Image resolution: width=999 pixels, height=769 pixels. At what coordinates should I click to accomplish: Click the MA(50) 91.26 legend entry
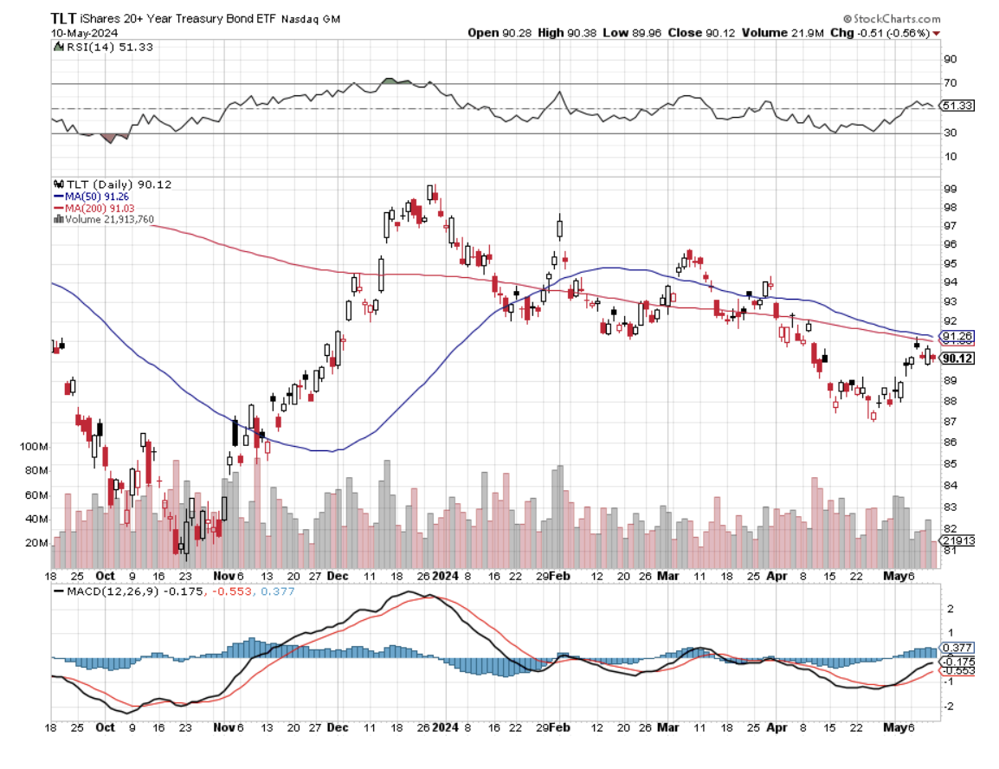(x=97, y=196)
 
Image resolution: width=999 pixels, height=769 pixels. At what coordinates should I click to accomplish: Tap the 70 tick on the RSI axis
(x=950, y=84)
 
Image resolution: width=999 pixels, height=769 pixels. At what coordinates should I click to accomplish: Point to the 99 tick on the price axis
(x=950, y=189)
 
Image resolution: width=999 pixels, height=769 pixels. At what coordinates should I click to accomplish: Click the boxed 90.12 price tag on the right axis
(x=957, y=359)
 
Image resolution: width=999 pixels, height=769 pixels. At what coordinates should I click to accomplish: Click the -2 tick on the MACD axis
(x=949, y=706)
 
